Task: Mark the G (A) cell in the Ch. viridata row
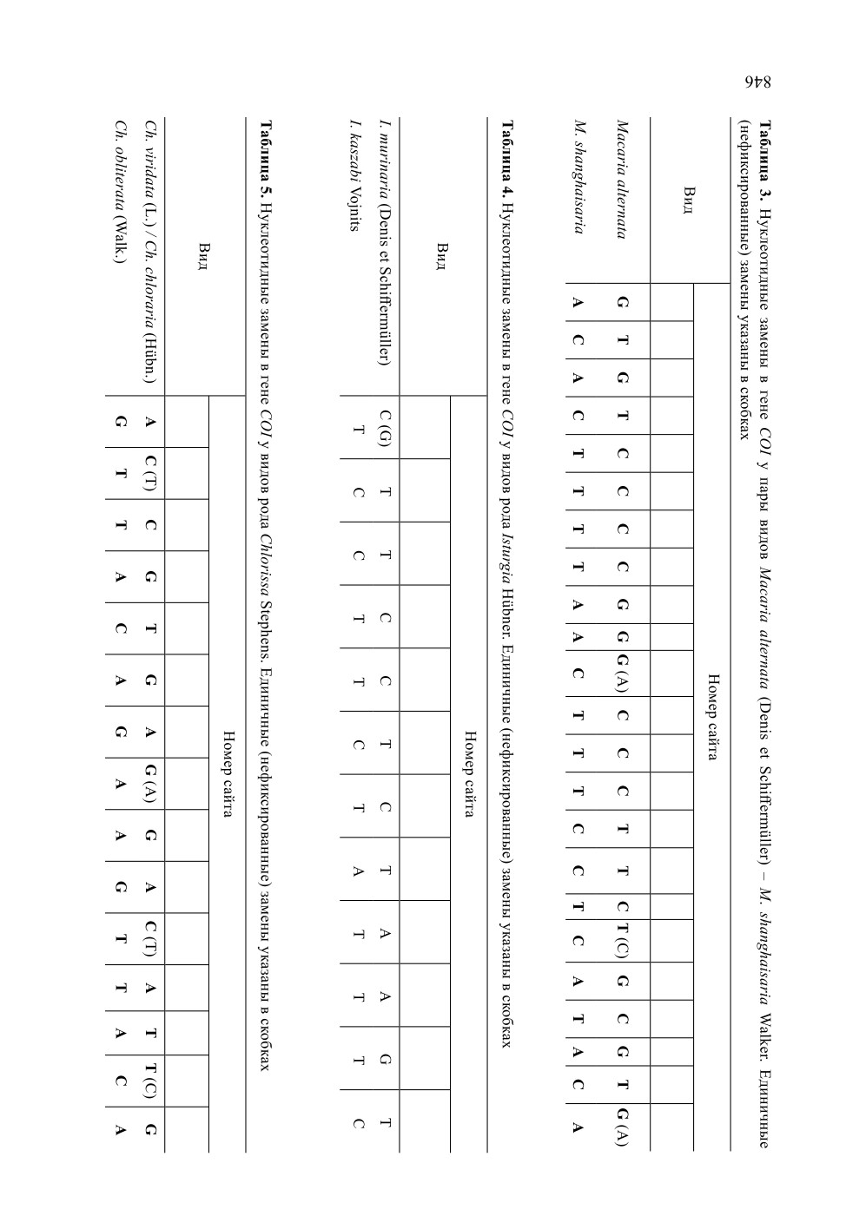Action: pyautogui.click(x=151, y=784)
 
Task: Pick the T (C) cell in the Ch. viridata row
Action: pyautogui.click(x=151, y=1081)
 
